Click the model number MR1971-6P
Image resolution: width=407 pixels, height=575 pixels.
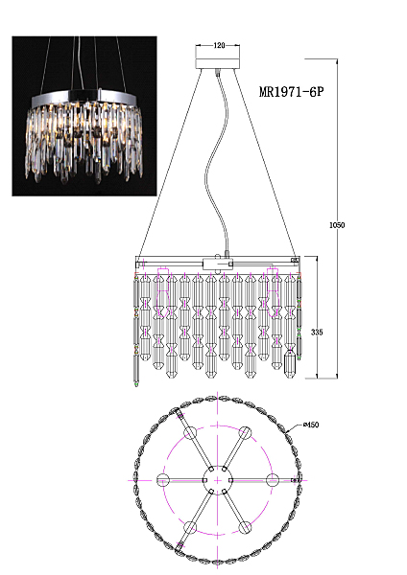coord(292,92)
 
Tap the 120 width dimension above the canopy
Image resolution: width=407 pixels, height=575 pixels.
coord(219,45)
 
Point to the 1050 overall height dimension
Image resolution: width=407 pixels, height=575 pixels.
coord(337,225)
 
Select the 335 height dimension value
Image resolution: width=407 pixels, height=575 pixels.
coord(317,332)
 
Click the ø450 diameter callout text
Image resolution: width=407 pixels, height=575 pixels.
coord(311,425)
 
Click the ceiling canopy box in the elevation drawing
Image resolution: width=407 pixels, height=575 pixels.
coord(218,63)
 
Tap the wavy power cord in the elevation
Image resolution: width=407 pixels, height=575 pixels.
coord(217,161)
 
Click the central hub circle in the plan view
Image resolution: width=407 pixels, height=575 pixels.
coord(218,480)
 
